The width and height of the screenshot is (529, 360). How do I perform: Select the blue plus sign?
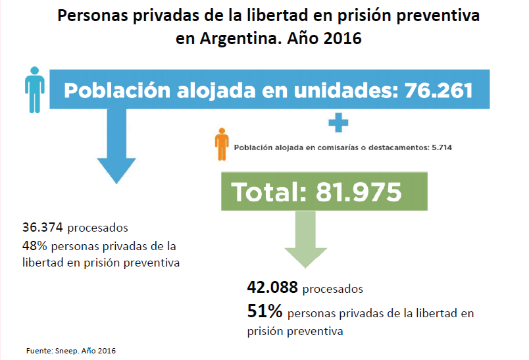(x=338, y=122)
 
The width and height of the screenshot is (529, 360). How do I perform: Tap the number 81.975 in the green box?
(x=359, y=192)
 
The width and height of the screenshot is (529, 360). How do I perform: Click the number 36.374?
(x=43, y=228)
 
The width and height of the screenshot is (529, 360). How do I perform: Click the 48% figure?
(x=34, y=245)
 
